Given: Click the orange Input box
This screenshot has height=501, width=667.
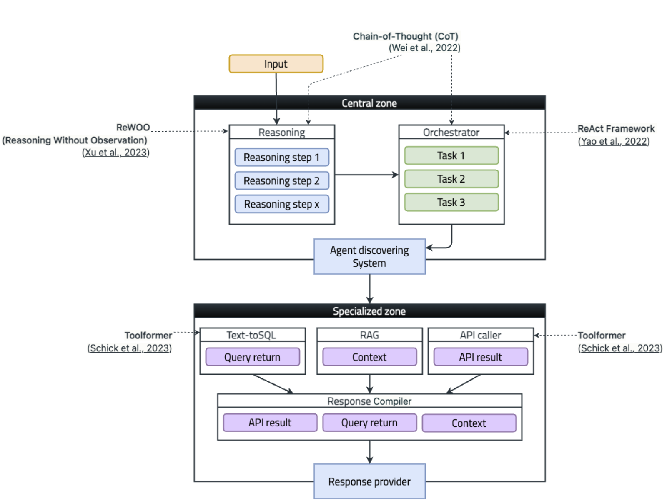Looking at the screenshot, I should click(276, 64).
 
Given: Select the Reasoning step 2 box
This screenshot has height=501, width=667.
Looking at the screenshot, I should click(281, 181).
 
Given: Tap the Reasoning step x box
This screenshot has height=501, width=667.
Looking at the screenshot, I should click(281, 204).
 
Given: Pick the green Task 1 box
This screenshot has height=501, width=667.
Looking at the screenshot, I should click(451, 155).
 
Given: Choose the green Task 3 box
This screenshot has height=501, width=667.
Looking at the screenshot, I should click(451, 203).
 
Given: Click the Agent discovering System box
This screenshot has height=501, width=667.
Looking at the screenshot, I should click(369, 257).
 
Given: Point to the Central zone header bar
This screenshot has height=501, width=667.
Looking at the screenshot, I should click(369, 103).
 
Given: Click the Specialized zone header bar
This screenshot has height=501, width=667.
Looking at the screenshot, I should click(369, 311).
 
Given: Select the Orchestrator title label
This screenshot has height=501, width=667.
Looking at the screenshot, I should click(451, 133).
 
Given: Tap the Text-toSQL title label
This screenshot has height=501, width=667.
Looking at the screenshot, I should click(251, 335).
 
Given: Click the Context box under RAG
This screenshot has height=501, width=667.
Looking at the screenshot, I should click(369, 357).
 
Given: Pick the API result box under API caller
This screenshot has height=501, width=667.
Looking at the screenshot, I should click(480, 357).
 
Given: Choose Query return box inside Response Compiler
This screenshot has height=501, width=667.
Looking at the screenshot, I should click(369, 423).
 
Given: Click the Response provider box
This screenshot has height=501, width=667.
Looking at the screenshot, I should click(369, 481).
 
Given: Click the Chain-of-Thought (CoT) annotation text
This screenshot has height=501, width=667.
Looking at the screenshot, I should click(405, 36).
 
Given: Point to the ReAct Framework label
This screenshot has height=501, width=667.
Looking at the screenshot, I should click(616, 129).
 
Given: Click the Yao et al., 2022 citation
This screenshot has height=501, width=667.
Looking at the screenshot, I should click(613, 141).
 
